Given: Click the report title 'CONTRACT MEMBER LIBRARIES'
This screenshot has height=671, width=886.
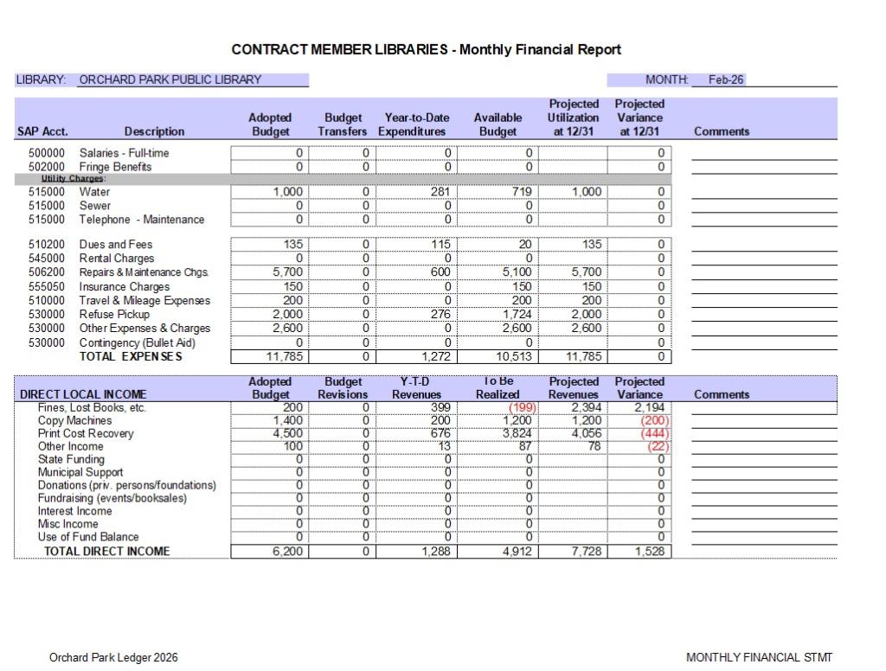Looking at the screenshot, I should pos(340,49).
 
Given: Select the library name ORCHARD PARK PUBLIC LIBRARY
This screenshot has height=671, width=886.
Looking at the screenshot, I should pos(170,80).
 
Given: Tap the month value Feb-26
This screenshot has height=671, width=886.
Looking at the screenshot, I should pos(725,80).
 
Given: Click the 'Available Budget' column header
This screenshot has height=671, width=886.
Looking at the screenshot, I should pos(498,125).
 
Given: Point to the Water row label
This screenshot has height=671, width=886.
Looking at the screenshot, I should pos(94,192).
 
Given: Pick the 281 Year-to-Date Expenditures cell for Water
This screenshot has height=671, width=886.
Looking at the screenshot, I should pos(440,192).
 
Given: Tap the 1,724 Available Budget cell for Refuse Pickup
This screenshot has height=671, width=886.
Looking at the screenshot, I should pos(517,315).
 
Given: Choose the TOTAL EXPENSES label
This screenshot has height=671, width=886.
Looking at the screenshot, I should pos(131,356).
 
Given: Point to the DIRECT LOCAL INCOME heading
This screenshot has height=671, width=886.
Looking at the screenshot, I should pos(83,394).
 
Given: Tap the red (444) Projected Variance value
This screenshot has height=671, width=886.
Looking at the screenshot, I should pos(654,433).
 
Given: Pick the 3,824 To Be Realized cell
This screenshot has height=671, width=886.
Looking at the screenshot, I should pos(517,433).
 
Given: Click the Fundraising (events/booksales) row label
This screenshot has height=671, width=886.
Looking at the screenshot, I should pos(112,498).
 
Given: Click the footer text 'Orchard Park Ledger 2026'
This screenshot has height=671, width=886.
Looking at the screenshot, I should pos(113,658).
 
